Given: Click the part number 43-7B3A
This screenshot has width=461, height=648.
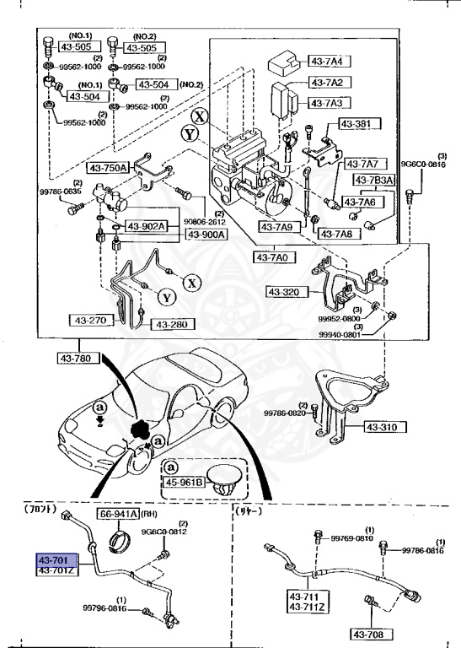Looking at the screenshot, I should [x=373, y=180].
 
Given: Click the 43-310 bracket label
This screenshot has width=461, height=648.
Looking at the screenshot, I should [x=386, y=427].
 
